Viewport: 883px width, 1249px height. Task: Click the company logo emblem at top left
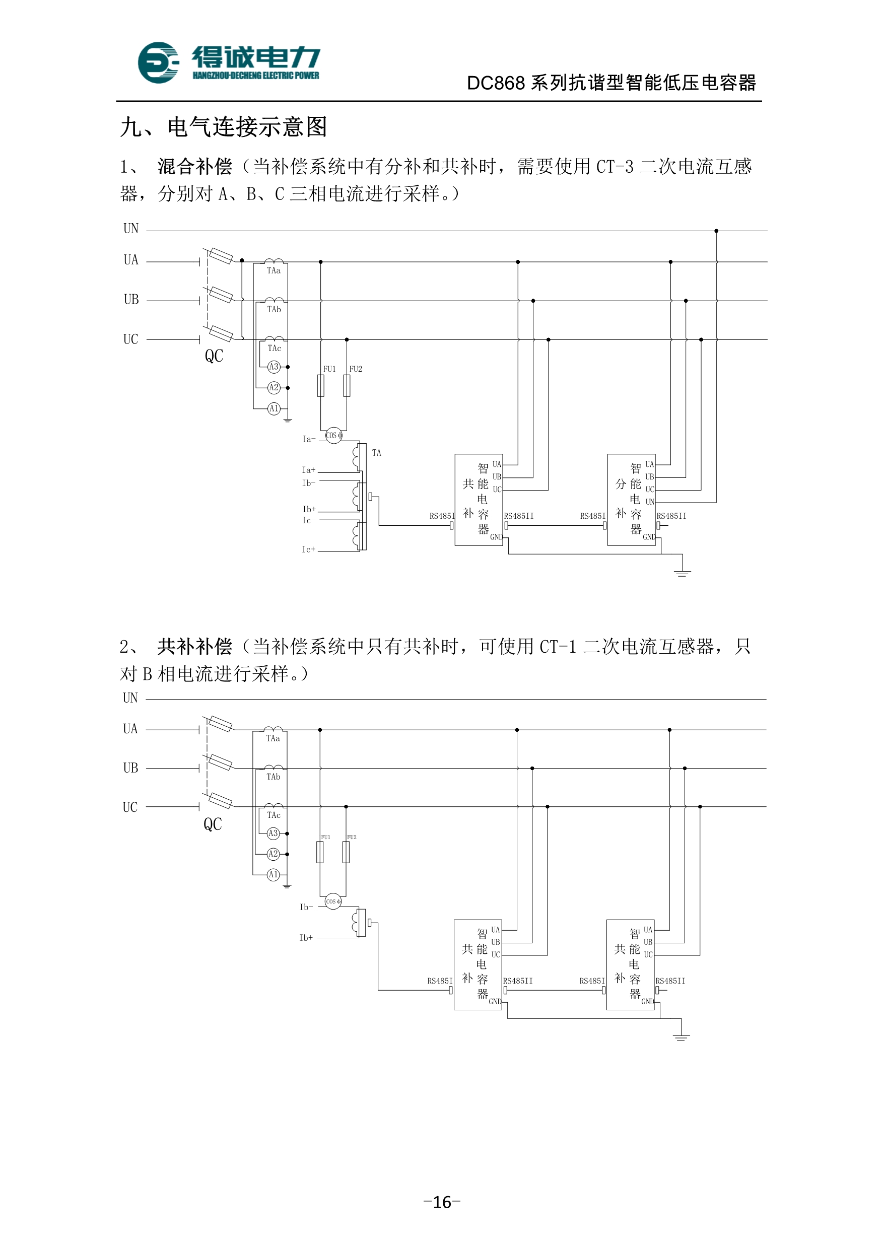tap(158, 62)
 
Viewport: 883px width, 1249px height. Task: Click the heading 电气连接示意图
tap(247, 127)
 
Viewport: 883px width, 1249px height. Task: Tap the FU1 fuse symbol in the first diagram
tap(320, 386)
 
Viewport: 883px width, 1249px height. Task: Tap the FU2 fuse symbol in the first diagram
tap(347, 386)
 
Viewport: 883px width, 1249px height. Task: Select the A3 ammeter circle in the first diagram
tap(274, 367)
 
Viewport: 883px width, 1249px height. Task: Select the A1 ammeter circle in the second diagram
tap(273, 875)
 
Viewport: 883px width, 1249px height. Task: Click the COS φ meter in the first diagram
tap(333, 435)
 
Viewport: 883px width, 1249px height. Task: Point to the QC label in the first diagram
tap(214, 356)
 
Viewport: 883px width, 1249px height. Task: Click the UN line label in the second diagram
tap(130, 698)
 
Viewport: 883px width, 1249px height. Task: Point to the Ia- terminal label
tap(308, 439)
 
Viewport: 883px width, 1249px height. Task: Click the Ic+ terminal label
tap(308, 549)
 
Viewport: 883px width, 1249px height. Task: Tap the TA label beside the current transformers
tap(376, 453)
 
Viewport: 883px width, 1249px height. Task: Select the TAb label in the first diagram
tap(274, 310)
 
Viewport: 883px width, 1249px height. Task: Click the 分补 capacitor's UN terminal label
tap(650, 502)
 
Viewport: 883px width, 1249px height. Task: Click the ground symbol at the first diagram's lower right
tap(682, 572)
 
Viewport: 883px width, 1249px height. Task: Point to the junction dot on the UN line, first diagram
tap(716, 231)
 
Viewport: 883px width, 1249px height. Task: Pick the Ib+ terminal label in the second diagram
tap(306, 938)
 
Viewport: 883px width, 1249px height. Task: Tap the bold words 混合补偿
tap(195, 167)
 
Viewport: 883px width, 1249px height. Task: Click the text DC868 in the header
tap(496, 83)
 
